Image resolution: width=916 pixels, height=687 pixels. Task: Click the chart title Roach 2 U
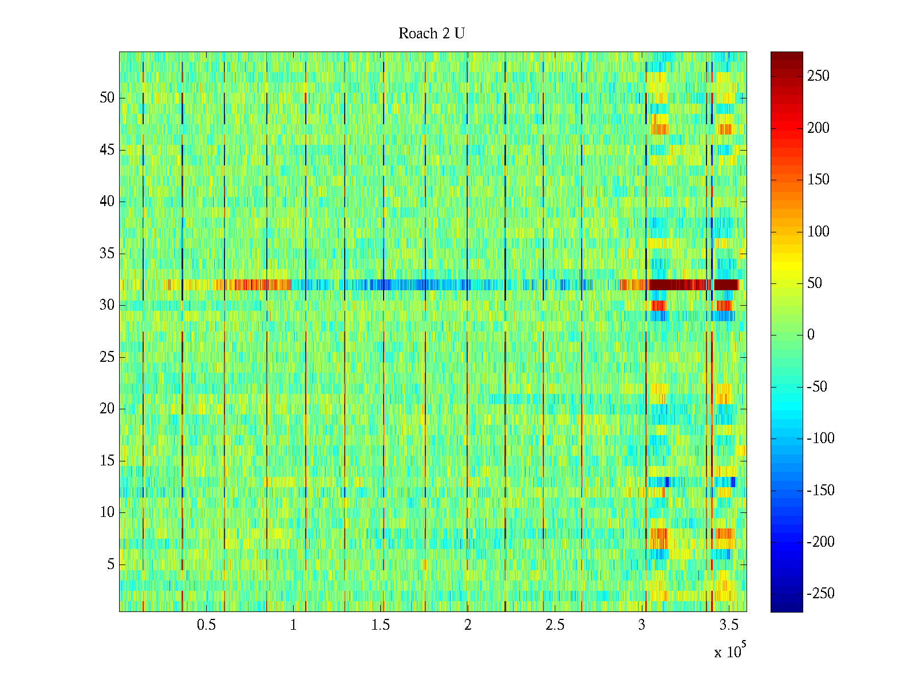pyautogui.click(x=431, y=34)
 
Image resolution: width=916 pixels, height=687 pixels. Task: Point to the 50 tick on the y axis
pyautogui.click(x=107, y=98)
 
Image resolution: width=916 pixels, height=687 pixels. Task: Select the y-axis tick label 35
pyautogui.click(x=107, y=254)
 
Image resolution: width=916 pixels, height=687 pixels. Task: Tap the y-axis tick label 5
pyautogui.click(x=110, y=564)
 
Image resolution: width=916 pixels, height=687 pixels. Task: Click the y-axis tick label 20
pyautogui.click(x=107, y=409)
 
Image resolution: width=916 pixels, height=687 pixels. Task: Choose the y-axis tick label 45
pyautogui.click(x=107, y=150)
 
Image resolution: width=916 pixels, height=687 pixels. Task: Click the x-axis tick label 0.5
pyautogui.click(x=206, y=625)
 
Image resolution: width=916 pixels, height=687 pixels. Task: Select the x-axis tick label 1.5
pyautogui.click(x=381, y=625)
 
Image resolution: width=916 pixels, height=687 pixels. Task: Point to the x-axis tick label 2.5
pyautogui.click(x=555, y=625)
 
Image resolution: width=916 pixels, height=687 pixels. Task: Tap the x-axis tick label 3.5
pyautogui.click(x=729, y=625)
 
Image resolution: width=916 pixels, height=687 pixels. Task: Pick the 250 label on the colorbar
pyautogui.click(x=818, y=76)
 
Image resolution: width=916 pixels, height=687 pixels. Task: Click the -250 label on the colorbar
pyautogui.click(x=820, y=594)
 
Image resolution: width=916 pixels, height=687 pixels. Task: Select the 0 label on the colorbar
pyautogui.click(x=811, y=335)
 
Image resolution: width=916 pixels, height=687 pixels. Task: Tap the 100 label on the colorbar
pyautogui.click(x=818, y=232)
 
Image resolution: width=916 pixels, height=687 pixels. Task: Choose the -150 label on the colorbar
pyautogui.click(x=820, y=491)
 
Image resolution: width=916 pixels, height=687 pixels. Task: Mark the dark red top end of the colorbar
pyautogui.click(x=787, y=56)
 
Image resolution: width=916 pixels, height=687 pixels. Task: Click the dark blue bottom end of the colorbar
pyautogui.click(x=787, y=608)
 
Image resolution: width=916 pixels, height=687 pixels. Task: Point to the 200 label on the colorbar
pyautogui.click(x=818, y=128)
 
